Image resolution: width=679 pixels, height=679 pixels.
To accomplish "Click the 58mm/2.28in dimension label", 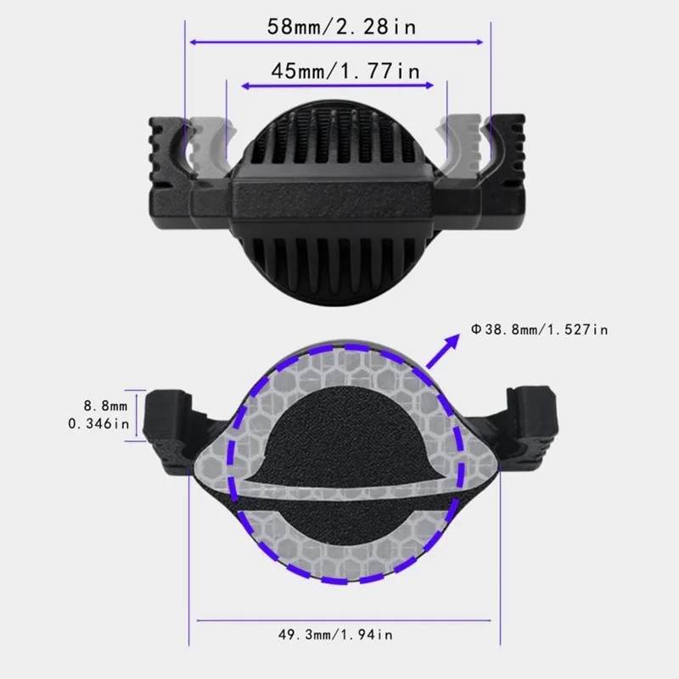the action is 342,27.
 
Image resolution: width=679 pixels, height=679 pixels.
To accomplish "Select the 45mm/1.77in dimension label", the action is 345,71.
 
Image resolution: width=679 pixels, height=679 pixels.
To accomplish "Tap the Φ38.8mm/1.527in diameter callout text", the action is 540,329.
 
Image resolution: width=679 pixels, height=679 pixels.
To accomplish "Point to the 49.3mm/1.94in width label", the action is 335,634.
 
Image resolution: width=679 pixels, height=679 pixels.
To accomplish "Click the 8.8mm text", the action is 105,406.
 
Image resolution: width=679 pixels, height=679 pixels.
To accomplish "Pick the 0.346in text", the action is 98,423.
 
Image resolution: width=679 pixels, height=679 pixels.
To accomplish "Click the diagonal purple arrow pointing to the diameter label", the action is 442,351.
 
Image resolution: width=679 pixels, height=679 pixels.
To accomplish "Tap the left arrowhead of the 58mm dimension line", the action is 194,42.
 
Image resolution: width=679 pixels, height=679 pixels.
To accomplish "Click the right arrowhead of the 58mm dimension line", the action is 479,42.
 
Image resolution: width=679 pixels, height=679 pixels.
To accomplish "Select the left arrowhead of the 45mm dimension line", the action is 245,87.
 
